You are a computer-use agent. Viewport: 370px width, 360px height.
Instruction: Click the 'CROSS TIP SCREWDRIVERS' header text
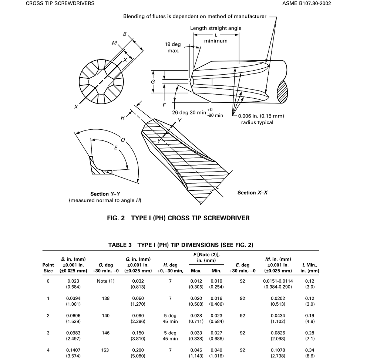tap(60, 4)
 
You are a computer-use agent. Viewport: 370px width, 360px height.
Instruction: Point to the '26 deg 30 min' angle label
tap(189, 112)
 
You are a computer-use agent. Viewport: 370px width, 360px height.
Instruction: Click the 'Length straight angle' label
tap(216, 28)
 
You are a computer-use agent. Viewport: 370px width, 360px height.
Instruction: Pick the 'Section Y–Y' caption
tap(105, 194)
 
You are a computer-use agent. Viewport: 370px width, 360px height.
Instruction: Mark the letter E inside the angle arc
tap(116, 148)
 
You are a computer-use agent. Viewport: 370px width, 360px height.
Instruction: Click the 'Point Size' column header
tap(48, 268)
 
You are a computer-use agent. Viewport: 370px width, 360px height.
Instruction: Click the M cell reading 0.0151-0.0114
tap(278, 281)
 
